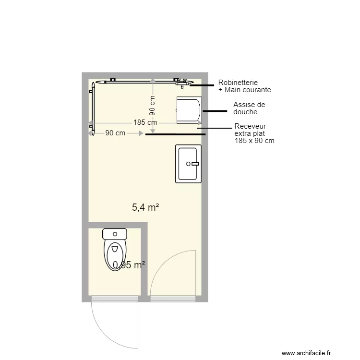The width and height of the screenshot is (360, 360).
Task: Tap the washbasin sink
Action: point(188,164)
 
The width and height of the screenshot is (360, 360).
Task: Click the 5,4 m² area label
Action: point(145,207)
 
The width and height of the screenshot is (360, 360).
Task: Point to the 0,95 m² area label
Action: point(129,265)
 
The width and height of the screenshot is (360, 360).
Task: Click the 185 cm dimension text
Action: point(145,122)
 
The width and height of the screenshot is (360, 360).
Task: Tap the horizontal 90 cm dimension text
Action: point(115,133)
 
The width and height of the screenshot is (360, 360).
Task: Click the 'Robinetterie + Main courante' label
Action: point(244,86)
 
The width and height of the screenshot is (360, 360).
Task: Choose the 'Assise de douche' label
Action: point(249,108)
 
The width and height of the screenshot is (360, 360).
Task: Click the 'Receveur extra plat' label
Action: point(254,133)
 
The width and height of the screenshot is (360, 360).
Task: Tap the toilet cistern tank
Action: point(115,234)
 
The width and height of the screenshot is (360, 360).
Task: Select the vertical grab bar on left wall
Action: point(92,107)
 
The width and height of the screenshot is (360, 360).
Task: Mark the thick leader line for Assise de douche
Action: point(215,111)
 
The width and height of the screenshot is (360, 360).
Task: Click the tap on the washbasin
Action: point(194,164)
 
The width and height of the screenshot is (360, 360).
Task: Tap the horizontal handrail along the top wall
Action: point(139,82)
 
